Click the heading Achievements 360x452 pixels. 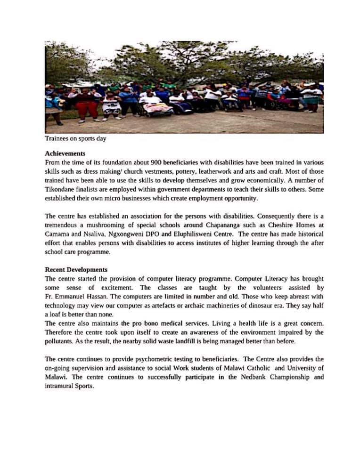65,153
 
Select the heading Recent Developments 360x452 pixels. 76,270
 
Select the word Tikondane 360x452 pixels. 62,189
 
